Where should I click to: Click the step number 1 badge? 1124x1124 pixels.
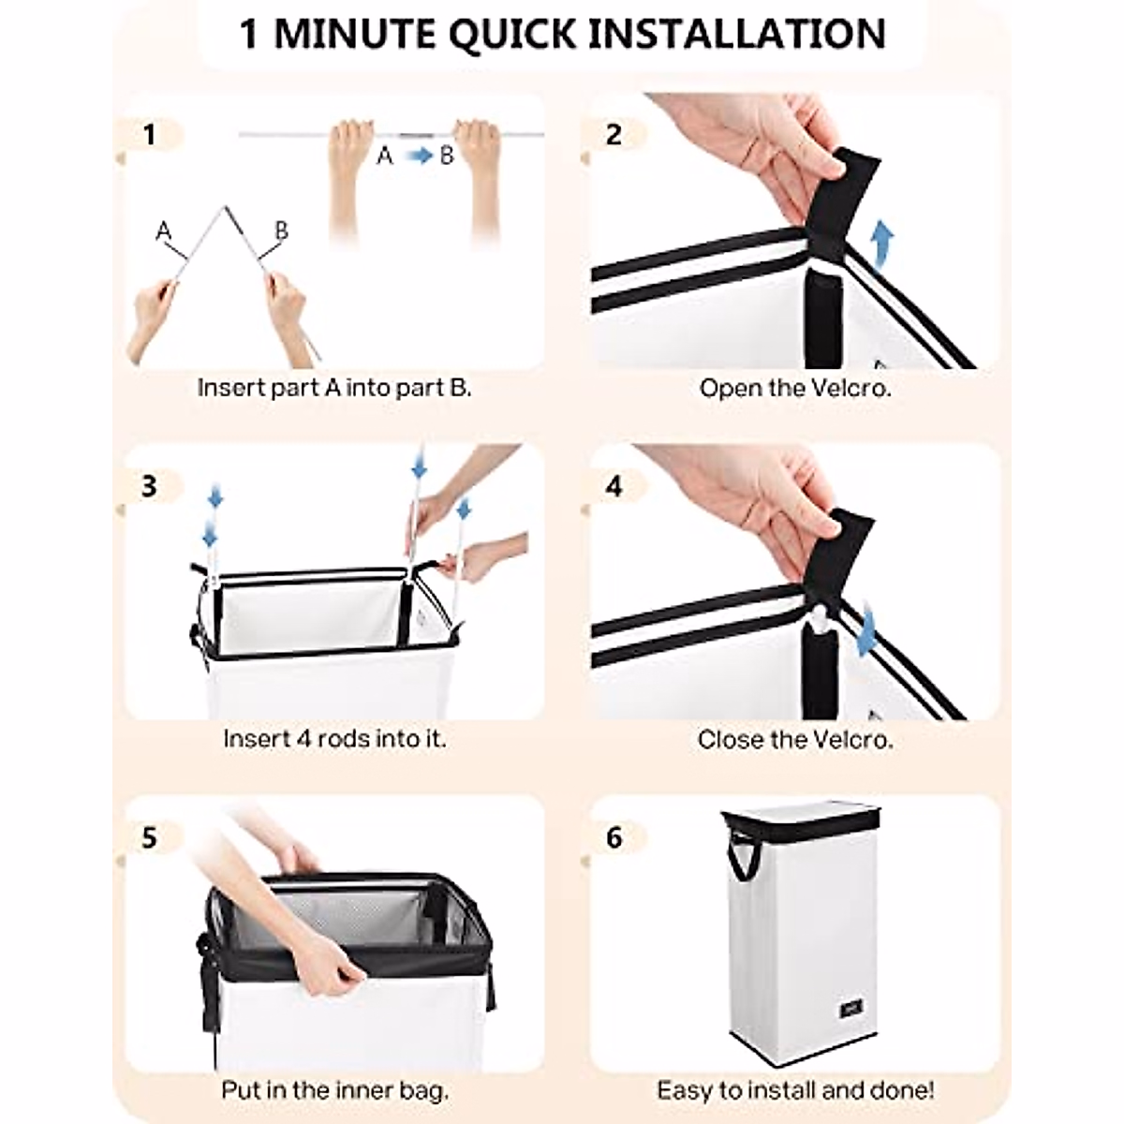149,135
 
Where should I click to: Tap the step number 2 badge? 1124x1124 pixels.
614,135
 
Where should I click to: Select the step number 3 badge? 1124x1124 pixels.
149,485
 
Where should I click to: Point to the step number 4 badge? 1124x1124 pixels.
614,485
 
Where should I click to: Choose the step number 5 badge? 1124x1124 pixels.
149,837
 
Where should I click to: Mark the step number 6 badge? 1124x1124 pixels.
614,837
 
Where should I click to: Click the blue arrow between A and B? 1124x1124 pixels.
419,155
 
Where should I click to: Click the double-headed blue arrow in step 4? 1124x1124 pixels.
867,632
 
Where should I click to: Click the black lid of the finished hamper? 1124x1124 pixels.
800,820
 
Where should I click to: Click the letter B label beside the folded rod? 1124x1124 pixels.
282,231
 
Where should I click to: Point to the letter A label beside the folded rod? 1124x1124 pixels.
163,231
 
